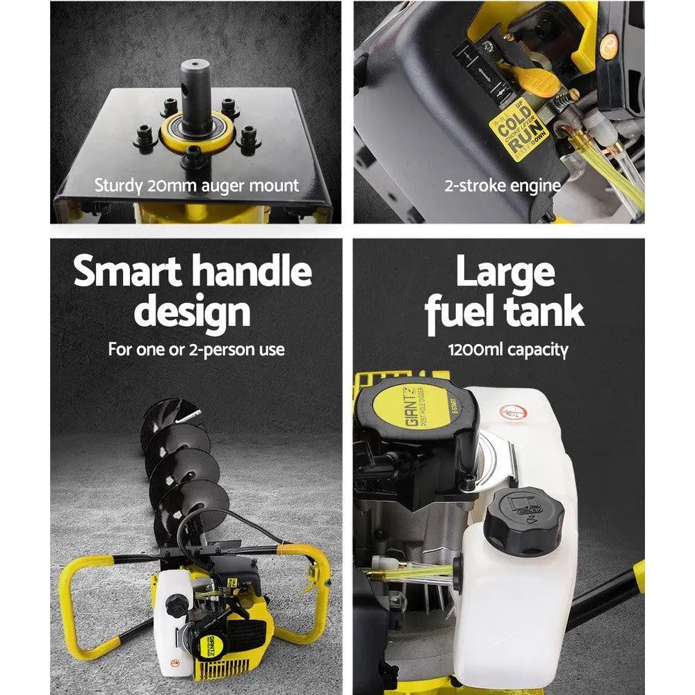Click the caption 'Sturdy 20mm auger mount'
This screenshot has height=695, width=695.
(196, 186)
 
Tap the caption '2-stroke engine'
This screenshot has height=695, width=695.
(502, 186)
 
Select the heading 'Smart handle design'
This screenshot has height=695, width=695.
(193, 292)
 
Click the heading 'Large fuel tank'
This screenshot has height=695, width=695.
(505, 292)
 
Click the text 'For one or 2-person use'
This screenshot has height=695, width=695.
(196, 349)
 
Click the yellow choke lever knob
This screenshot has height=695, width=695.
(538, 82)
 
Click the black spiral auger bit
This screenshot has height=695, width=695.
(181, 473)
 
